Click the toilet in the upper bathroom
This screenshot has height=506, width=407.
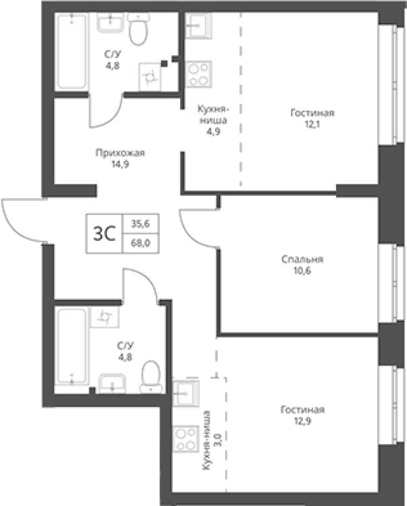(138, 29)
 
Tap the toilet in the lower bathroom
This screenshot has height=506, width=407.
(151, 377)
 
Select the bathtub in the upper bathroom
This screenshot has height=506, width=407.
(72, 51)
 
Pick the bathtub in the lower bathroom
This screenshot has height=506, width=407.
(72, 346)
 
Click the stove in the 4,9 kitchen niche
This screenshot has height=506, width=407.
(199, 74)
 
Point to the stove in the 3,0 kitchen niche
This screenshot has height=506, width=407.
(185, 438)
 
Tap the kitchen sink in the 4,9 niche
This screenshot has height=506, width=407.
(198, 26)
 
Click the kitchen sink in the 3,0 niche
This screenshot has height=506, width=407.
(185, 393)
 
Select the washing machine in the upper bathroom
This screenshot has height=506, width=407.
(150, 77)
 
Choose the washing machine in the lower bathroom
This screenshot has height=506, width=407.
(105, 317)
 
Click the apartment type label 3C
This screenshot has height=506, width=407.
(105, 233)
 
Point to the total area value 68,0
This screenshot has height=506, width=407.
(140, 243)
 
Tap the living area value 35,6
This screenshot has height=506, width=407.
(140, 223)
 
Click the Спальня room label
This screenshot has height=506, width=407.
(302, 259)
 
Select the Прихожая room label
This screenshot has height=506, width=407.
(120, 153)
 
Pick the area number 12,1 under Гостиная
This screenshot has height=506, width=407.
(312, 124)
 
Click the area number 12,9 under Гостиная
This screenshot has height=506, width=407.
(302, 421)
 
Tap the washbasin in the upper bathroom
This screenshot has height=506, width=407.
(110, 23)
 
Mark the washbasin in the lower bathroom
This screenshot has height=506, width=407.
(112, 383)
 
